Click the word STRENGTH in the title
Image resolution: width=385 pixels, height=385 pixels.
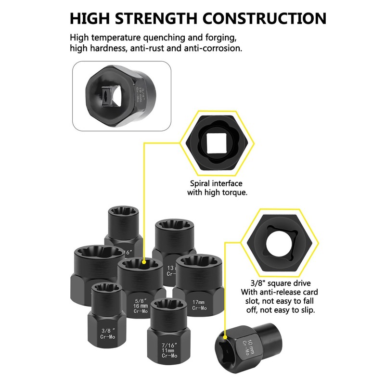tap(155, 18)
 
